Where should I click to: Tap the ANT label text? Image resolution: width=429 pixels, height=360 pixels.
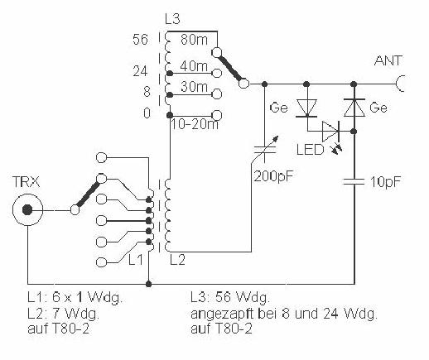[388, 60]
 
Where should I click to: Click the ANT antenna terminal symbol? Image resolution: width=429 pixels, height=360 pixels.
[400, 84]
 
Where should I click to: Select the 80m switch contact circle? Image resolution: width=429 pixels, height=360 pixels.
[216, 52]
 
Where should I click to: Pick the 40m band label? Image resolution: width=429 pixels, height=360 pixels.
[194, 66]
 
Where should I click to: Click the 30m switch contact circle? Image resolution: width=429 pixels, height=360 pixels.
[217, 94]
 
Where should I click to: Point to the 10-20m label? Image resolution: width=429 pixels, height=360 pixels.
[195, 125]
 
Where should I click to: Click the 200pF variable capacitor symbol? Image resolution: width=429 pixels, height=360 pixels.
[265, 149]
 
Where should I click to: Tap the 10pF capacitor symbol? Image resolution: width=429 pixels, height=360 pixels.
[354, 181]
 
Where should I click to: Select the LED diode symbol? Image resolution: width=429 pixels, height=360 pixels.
[330, 132]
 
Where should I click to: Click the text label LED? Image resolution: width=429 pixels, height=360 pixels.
[310, 150]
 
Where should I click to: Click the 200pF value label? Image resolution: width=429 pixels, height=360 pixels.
[273, 175]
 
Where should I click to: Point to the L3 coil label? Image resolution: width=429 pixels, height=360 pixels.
[172, 19]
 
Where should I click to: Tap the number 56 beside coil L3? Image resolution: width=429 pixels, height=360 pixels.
[140, 40]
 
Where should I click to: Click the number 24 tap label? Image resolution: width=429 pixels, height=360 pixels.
[140, 72]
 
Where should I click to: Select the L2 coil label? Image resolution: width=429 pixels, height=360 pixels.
[177, 260]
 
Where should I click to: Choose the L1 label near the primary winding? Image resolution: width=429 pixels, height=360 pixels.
[136, 260]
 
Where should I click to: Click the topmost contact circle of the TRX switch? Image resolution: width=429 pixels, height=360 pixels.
[101, 157]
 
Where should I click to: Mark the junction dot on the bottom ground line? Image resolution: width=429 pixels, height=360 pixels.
[148, 284]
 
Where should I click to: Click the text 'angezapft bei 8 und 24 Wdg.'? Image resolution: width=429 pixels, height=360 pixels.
[284, 314]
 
